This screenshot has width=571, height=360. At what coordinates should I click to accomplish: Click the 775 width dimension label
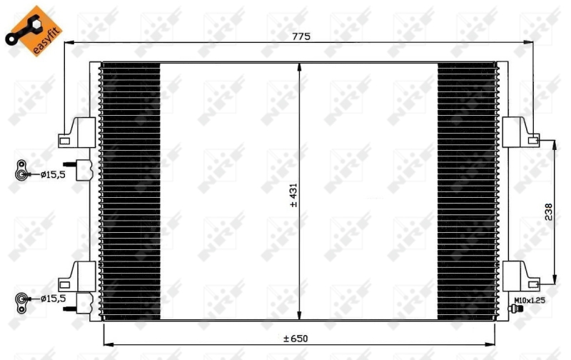[x=300, y=36]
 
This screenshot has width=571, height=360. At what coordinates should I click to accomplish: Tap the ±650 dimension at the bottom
[x=298, y=338]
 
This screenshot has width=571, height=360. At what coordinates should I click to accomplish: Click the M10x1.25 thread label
[x=529, y=301]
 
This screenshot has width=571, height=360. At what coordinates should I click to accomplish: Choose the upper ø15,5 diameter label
[x=52, y=173]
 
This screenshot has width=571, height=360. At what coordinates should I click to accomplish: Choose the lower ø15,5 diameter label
[x=52, y=299]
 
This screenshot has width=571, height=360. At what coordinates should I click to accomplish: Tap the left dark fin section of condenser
[x=131, y=191]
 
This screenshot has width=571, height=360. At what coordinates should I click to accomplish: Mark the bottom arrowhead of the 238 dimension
[x=555, y=279]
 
